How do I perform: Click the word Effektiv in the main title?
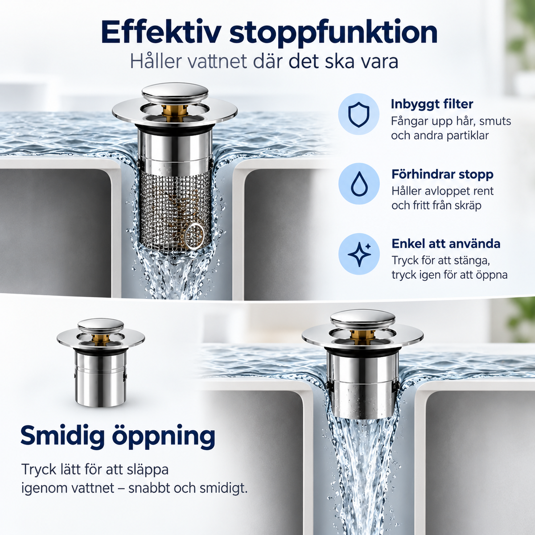point(161,32)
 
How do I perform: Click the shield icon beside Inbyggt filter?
point(359,114)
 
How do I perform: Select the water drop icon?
point(359,184)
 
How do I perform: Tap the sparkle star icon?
point(359,254)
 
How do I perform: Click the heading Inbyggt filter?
point(432,104)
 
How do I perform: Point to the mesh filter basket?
point(175,210)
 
